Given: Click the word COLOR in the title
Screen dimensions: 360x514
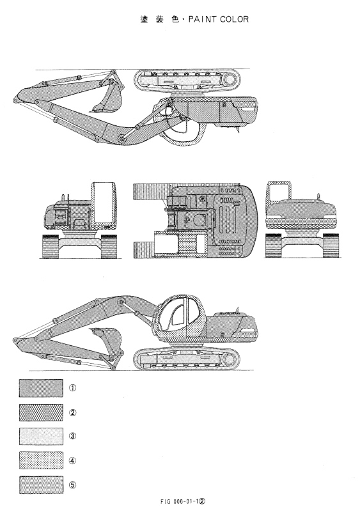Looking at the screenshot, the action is [235, 19].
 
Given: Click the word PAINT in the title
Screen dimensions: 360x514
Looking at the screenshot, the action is [202, 19].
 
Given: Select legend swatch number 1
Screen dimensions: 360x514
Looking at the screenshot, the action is [41, 388].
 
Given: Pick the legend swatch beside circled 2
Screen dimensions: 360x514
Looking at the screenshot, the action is [41, 412].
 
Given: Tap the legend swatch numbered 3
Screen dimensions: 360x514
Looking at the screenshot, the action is [41, 436].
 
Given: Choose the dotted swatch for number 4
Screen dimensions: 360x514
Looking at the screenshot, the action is [41, 460].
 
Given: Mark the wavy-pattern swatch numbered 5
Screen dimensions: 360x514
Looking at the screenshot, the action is [41, 485].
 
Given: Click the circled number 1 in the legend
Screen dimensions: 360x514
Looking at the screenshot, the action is [72, 388].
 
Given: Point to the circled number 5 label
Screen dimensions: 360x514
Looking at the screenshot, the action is [72, 485].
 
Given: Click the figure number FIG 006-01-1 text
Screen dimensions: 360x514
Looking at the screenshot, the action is [183, 502].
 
